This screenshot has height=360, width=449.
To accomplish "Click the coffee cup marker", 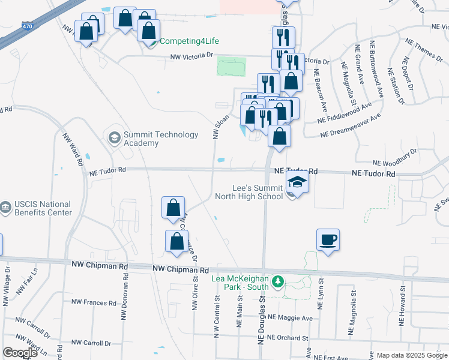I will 327,240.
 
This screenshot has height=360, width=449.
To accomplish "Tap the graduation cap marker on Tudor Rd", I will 297,181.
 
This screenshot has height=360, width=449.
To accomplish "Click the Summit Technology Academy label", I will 160,139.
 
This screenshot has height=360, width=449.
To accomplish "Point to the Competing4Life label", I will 189,41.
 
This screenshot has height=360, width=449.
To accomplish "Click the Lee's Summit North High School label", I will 258,191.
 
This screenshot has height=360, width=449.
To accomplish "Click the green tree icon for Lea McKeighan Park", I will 277,281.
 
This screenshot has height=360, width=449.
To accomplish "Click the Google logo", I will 20,353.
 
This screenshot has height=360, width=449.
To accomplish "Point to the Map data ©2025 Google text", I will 408,355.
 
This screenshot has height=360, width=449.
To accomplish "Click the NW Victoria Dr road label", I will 192,57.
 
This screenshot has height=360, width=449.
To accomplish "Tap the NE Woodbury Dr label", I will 394,158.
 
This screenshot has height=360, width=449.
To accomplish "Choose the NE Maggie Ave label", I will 291,317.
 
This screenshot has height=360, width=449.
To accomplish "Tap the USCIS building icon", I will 5,208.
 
